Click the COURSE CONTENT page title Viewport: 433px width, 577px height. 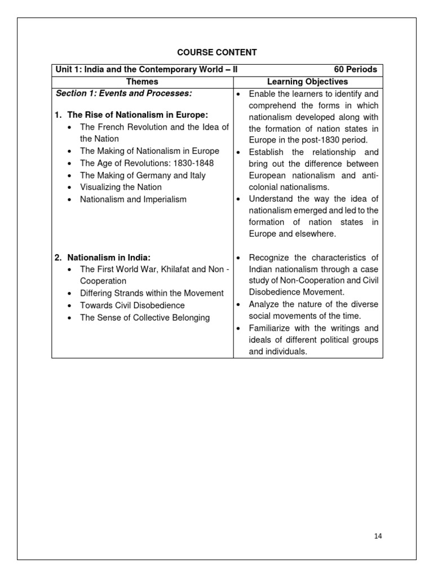point(217,52)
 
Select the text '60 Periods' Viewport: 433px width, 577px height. point(355,69)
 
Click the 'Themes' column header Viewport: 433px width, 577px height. point(142,82)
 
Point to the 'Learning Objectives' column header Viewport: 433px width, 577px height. point(307,82)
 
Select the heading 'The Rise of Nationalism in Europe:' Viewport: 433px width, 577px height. point(138,115)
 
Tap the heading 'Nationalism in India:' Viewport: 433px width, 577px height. point(109,258)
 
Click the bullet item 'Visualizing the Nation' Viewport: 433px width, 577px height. point(121,187)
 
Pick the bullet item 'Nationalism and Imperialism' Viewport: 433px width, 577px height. point(133,199)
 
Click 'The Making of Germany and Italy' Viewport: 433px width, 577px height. point(143,175)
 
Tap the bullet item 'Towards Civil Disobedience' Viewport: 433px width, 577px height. point(132,305)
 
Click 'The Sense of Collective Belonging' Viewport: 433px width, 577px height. point(145,318)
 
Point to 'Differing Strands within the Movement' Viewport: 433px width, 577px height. point(152,293)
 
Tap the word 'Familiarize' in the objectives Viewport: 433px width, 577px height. point(271,328)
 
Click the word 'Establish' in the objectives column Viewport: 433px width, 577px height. point(266,152)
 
